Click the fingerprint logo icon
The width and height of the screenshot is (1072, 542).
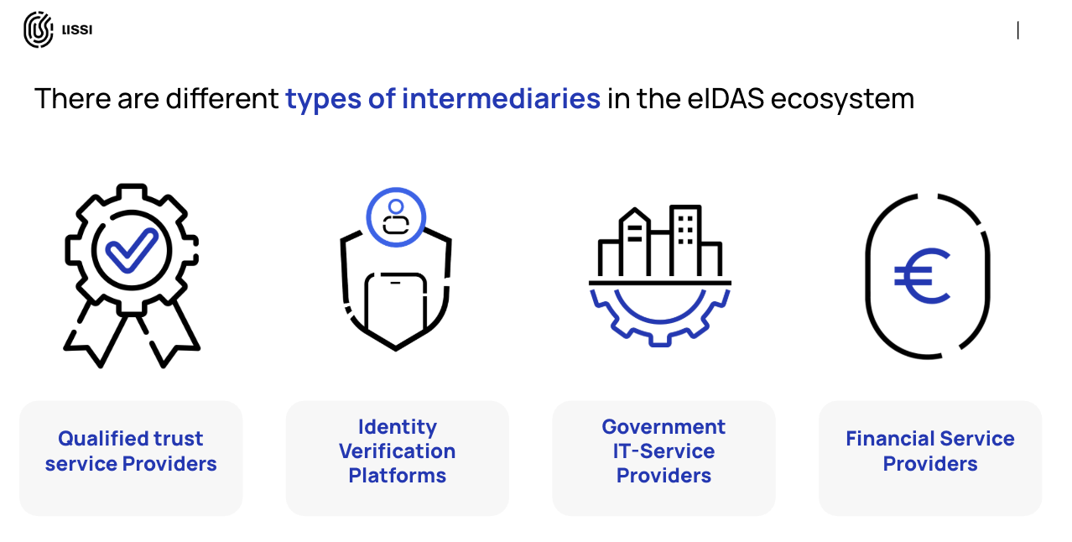click(x=38, y=29)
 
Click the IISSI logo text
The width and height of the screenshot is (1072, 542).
click(x=77, y=30)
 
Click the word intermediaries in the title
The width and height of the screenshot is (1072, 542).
click(x=501, y=99)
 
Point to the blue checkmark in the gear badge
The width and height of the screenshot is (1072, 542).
click(x=132, y=249)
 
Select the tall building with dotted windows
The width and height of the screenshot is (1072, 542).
click(x=685, y=239)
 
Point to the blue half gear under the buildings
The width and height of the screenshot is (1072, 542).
click(x=660, y=315)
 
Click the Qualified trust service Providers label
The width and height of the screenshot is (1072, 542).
click(x=131, y=451)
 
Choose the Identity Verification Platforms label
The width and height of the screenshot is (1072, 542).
click(x=397, y=451)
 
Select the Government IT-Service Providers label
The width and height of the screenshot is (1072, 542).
click(x=663, y=451)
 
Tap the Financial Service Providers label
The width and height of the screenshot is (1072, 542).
click(x=929, y=451)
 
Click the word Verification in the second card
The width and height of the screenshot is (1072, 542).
click(x=397, y=451)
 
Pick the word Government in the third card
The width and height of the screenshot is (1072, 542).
click(x=663, y=427)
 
